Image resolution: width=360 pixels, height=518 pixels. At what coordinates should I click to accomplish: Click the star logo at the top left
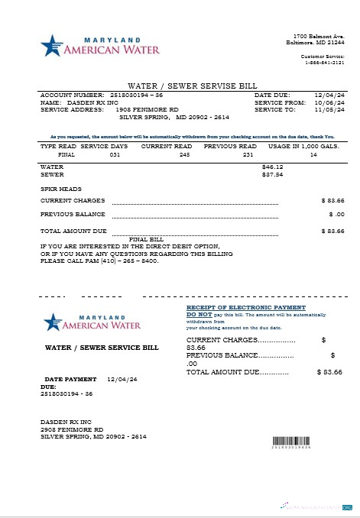point(50,45)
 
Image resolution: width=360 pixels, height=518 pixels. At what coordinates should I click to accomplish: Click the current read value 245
point(183,154)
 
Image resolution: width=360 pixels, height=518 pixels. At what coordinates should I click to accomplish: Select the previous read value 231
point(247,154)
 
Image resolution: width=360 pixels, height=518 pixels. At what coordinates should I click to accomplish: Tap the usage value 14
point(313,154)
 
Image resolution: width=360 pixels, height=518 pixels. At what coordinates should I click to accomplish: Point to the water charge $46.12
point(272,166)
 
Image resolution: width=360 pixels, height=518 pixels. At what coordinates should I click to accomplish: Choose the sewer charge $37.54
point(272,174)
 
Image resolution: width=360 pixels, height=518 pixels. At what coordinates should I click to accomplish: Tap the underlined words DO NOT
point(199,314)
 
